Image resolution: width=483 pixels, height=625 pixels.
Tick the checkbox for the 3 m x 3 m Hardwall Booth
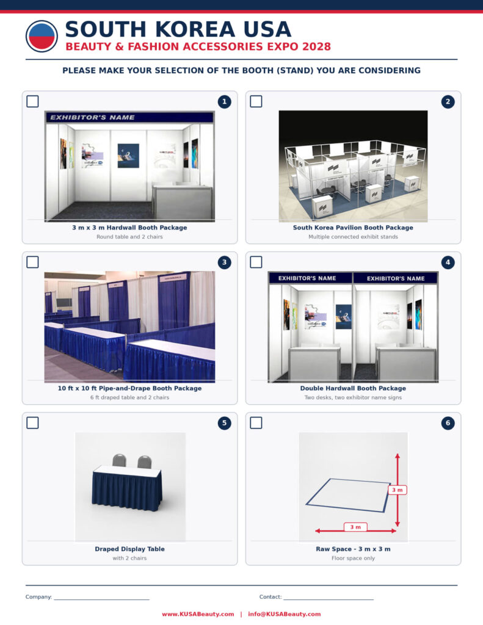(x=33, y=101)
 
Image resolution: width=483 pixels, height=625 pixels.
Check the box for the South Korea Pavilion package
(x=256, y=101)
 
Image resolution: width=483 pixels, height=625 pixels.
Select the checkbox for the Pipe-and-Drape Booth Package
(x=33, y=262)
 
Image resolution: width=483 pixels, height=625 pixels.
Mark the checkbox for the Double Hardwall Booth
(x=256, y=262)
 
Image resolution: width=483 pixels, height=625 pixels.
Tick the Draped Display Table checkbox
(x=33, y=422)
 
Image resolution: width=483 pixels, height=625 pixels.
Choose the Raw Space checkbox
(x=256, y=422)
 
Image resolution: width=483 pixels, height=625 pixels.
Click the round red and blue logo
(x=42, y=36)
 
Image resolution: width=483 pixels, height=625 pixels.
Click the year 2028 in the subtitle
(x=317, y=46)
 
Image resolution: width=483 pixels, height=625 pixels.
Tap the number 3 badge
(x=225, y=262)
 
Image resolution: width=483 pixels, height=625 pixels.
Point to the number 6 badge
(x=448, y=423)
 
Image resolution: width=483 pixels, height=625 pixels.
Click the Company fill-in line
(x=102, y=599)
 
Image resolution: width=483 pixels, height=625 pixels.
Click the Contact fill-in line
(x=329, y=599)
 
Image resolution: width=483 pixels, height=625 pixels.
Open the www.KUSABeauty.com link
(x=198, y=614)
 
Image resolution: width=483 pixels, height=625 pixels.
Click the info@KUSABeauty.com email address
(x=285, y=614)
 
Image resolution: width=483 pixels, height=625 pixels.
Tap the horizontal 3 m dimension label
(x=355, y=527)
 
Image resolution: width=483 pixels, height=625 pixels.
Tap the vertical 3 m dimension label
(x=398, y=490)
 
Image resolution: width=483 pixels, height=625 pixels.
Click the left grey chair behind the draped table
(x=119, y=460)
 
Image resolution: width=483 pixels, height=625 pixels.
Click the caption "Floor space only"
(x=353, y=558)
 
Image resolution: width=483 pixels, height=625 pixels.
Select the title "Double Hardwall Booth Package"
(x=353, y=388)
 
